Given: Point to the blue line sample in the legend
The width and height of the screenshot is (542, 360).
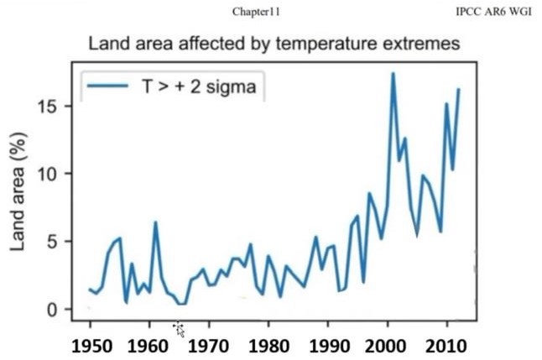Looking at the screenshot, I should click(x=107, y=86).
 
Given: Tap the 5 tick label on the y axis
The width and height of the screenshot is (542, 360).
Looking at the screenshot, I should click(x=55, y=242).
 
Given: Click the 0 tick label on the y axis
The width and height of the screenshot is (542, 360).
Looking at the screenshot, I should click(x=55, y=309).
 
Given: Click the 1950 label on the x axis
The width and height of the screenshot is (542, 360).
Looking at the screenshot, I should click(x=90, y=346).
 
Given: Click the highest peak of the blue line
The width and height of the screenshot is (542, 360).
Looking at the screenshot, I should click(x=393, y=74).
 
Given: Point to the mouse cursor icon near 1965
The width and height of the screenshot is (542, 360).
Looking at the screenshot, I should click(x=180, y=329).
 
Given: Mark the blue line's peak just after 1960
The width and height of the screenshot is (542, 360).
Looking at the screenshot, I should click(x=155, y=222).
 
